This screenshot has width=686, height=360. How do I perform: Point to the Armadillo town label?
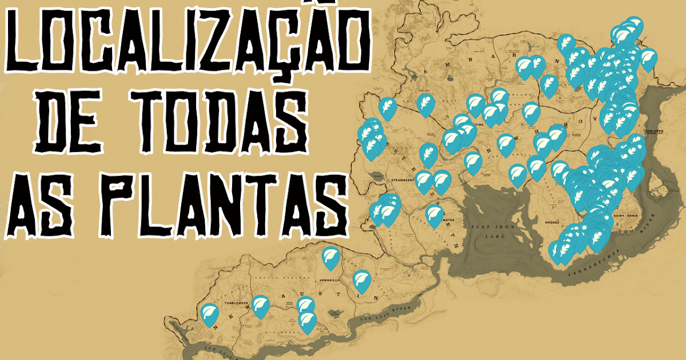point(328,281)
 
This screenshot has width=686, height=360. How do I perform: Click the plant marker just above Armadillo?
point(330,258)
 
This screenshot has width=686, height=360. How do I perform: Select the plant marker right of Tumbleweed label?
point(261,306)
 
